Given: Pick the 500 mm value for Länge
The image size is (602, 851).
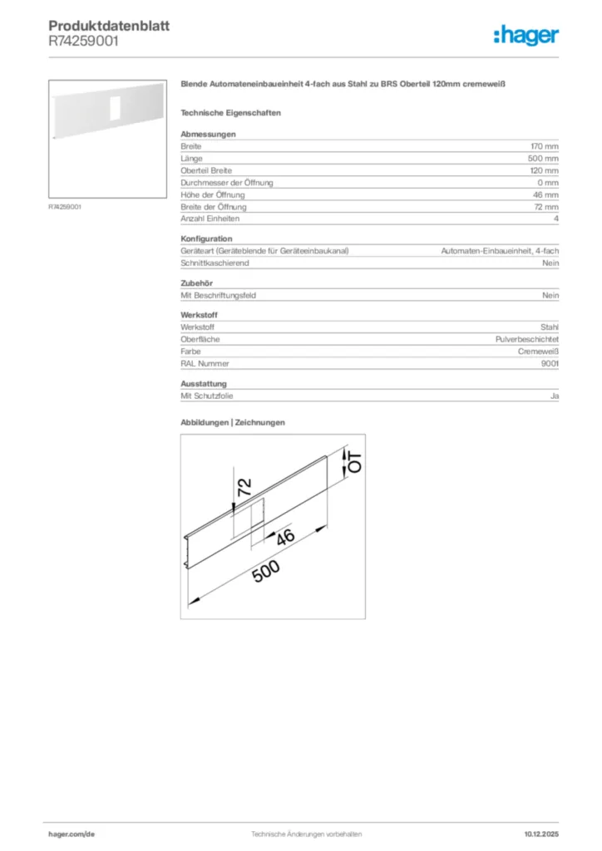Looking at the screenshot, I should pos(544,158).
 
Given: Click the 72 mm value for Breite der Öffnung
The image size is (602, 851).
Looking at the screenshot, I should pos(546,206).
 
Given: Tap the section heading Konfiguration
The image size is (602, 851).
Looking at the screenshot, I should pos(207,239).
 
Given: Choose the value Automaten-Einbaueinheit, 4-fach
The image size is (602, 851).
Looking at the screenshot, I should pos(500,251).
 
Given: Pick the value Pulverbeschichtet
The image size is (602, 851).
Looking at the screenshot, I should pos(527,340).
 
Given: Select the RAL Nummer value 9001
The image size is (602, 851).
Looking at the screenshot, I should pos(550,363).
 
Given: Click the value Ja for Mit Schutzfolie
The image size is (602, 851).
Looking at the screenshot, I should pos(555,396).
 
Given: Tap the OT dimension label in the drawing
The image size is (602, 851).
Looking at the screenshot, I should pos(354,463).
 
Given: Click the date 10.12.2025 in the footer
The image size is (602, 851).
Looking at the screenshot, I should pos(541,834).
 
